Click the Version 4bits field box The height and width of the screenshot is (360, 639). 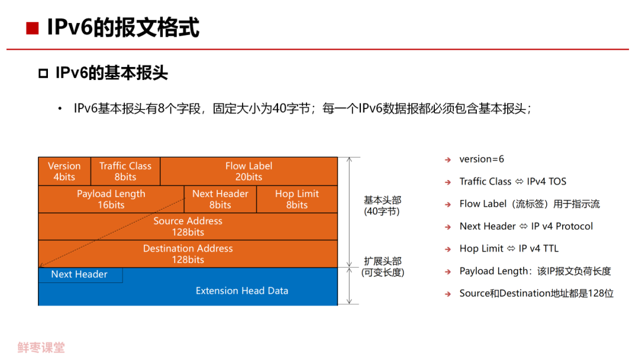tap(64, 171)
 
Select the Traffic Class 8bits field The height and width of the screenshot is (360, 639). tap(125, 171)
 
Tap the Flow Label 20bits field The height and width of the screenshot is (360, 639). tap(248, 171)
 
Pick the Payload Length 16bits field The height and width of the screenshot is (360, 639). tap(111, 199)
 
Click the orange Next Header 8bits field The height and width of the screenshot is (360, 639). tap(220, 199)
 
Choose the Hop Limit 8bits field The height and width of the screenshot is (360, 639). tap(296, 199)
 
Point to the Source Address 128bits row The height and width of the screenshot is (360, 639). tap(188, 226)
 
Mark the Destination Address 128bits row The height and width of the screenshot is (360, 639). tap(188, 254)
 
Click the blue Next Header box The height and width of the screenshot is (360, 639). tap(80, 275)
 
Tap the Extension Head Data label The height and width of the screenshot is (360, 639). tap(242, 291)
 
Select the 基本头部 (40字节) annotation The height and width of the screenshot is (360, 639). tap(382, 205)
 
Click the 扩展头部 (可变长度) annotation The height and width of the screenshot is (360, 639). tap(382, 266)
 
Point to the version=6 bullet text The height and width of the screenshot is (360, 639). tap(482, 159)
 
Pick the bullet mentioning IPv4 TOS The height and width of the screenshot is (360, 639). tap(512, 182)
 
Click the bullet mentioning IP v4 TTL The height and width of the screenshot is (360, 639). tap(509, 249)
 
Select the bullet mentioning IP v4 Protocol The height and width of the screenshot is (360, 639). tap(526, 226)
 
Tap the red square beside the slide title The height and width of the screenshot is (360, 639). tap(32, 28)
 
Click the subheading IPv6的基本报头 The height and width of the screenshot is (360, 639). tap(111, 73)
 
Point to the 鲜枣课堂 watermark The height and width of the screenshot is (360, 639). tap(41, 348)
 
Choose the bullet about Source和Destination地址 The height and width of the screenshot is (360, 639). tap(536, 294)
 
